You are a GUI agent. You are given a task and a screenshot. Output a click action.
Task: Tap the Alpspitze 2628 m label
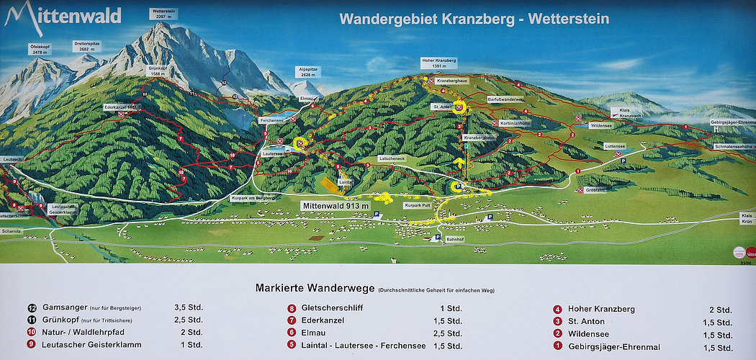307,71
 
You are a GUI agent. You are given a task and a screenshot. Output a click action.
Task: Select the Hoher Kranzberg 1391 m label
440,63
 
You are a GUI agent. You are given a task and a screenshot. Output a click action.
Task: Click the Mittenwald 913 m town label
336,206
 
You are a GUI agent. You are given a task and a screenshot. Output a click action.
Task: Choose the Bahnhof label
454,238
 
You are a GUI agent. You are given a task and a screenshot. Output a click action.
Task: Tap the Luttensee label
614,145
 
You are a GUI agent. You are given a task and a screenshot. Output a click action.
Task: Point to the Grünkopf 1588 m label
158,71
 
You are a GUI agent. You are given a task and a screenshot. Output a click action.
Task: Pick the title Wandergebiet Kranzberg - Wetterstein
474,19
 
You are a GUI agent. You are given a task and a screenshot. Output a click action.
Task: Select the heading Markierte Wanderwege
315,288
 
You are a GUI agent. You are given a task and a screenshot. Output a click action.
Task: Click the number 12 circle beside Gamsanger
32,307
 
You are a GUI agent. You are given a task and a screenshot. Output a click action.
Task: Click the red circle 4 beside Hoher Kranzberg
557,309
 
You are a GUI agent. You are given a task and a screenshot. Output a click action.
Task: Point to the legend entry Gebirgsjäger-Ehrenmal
614,347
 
